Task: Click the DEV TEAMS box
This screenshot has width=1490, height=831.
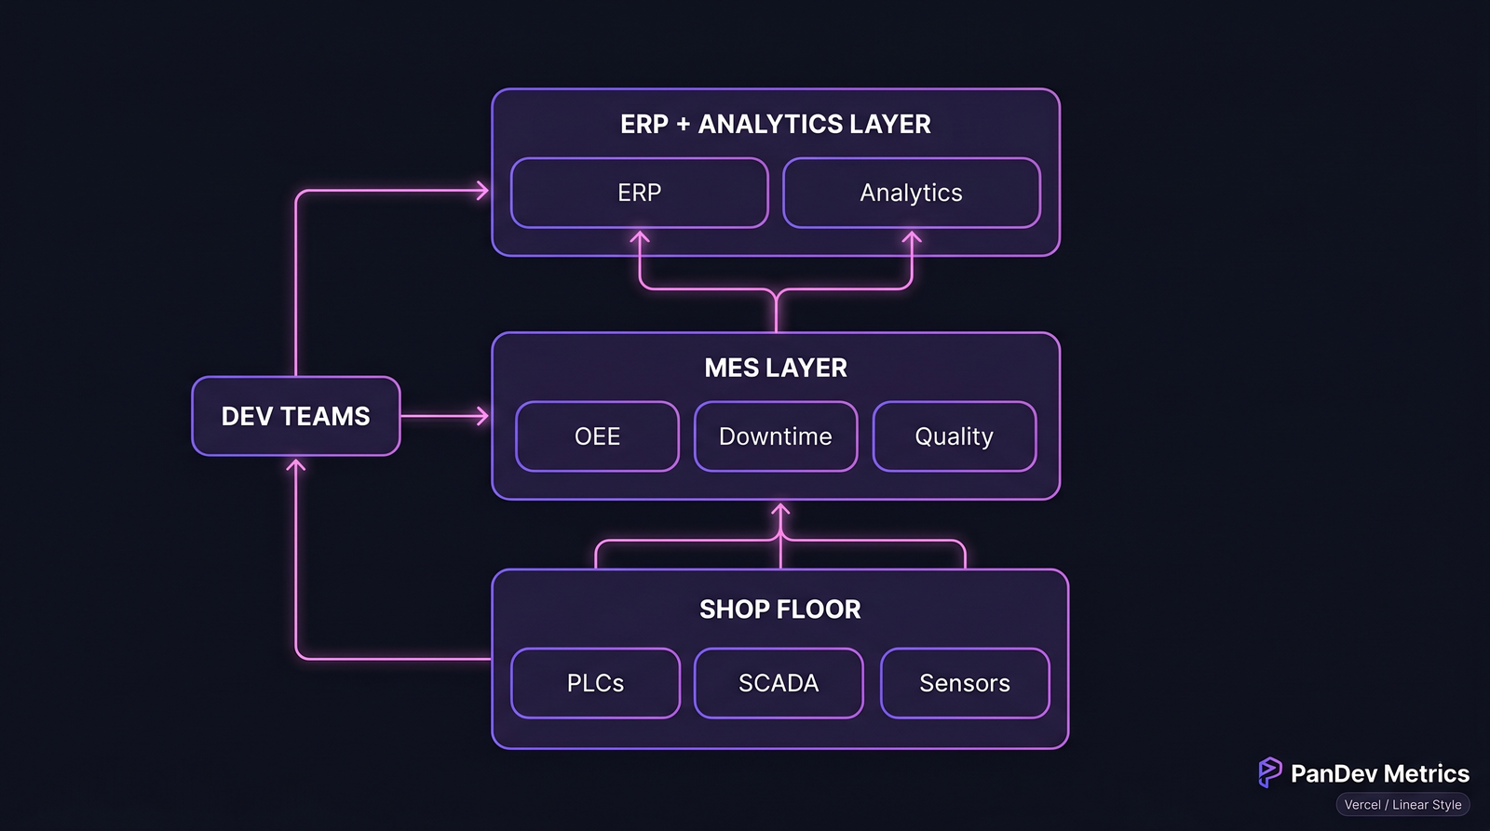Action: (x=295, y=416)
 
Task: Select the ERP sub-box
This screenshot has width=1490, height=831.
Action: (x=639, y=193)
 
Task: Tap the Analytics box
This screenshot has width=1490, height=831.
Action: (x=911, y=193)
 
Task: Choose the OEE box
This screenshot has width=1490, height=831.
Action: (x=597, y=436)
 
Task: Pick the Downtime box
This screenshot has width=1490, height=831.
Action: (x=775, y=436)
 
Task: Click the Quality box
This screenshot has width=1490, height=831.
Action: (x=954, y=436)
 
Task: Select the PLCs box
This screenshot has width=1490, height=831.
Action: (x=595, y=683)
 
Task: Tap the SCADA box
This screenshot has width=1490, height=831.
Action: (x=779, y=683)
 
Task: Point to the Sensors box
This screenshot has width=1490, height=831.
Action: (x=964, y=683)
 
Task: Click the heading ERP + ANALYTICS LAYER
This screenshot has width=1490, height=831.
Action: (x=775, y=124)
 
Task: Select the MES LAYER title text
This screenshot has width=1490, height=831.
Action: (x=775, y=368)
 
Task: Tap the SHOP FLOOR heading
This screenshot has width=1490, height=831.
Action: (x=779, y=610)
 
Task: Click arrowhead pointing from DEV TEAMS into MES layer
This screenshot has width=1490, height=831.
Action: (x=482, y=416)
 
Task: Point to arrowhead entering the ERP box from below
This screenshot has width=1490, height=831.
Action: (x=639, y=237)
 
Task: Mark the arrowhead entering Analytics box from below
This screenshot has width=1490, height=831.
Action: (x=911, y=237)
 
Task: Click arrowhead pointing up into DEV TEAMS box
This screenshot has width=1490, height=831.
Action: (x=296, y=464)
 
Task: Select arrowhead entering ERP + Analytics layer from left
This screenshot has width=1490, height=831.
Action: (x=482, y=191)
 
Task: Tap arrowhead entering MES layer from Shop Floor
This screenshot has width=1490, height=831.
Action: (x=780, y=510)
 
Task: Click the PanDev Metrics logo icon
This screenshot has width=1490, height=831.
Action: (x=1269, y=772)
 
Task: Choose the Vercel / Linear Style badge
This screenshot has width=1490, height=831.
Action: (x=1402, y=805)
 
